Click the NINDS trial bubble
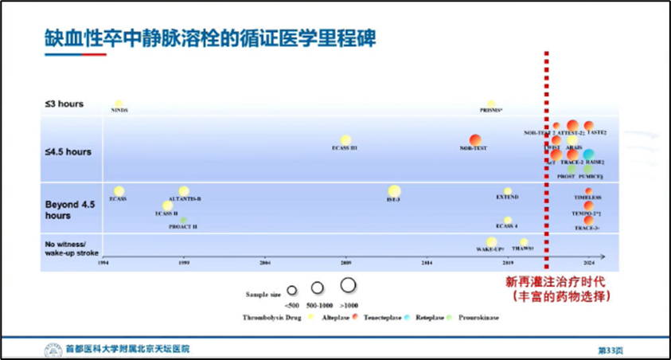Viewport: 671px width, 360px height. click(119, 104)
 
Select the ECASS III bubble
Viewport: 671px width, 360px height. click(345, 140)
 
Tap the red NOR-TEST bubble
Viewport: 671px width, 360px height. click(475, 140)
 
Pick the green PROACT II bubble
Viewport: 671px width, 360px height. click(184, 220)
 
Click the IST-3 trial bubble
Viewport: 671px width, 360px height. click(394, 190)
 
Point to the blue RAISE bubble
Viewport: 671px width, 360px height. click(589, 154)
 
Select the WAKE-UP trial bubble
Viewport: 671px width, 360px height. click(492, 242)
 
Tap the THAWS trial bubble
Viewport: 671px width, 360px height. click(524, 242)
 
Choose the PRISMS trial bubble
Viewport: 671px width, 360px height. click(491, 104)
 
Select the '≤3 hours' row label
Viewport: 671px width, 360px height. click(64, 104)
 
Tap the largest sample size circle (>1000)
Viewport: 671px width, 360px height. click(348, 284)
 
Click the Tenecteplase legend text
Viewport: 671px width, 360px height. click(387, 317)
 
